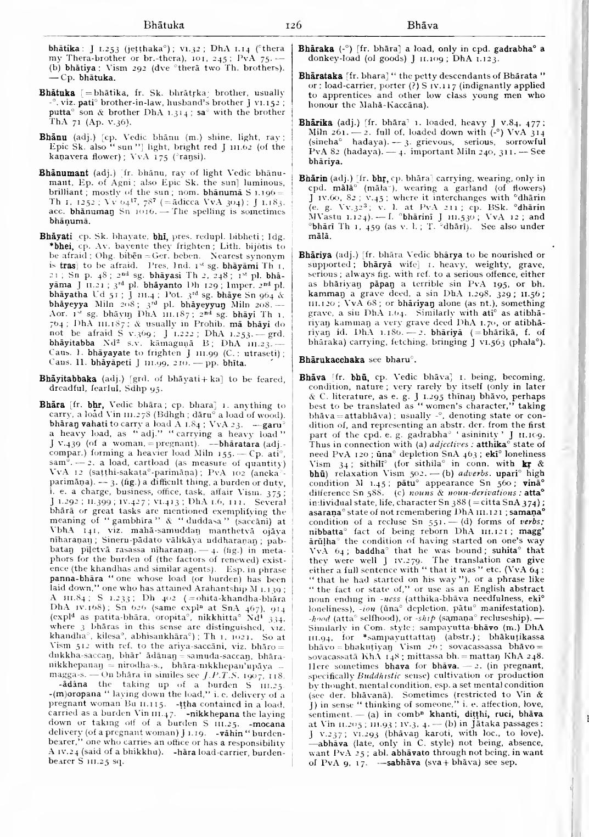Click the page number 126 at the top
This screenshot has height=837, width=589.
(x=294, y=25)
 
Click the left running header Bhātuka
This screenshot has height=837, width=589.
(x=163, y=25)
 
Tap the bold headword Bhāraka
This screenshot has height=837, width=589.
(x=313, y=48)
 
